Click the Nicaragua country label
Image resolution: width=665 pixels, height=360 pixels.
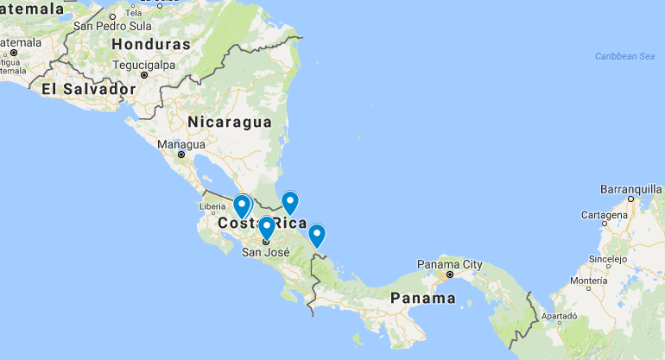pos(230,122)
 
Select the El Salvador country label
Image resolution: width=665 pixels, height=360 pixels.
pos(88,89)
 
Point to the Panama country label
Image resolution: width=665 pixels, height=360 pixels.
pos(422,298)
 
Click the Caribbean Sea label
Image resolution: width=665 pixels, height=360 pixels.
pos(624,56)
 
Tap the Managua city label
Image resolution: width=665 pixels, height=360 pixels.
pos(181,144)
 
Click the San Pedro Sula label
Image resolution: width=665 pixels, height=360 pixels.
pos(113,26)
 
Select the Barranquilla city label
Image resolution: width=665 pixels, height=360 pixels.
pos(631,188)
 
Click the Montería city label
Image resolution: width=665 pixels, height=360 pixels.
pos(588,281)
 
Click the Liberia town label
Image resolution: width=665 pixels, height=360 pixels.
pos(212,206)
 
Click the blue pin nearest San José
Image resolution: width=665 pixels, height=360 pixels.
pos(267,228)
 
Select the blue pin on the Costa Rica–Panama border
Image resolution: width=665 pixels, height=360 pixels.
pos(317,235)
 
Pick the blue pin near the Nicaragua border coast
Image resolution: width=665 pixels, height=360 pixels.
pos(290,202)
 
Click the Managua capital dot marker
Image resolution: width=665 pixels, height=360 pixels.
pos(181,155)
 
